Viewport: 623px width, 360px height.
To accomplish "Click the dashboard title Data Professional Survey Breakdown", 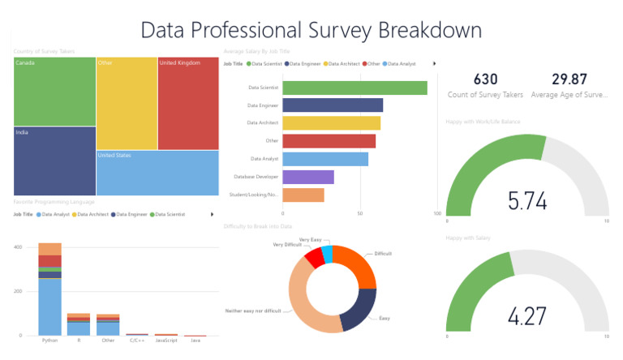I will tap(311, 29).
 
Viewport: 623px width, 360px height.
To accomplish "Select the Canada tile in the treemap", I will tap(54, 91).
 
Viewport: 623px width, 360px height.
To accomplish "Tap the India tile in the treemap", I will tap(54, 161).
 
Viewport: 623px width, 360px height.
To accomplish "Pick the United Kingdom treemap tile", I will tap(187, 102).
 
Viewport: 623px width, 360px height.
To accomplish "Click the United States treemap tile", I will tap(157, 172).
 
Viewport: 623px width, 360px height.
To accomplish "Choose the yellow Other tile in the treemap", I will tap(126, 102).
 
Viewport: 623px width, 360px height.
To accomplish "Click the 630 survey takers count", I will tap(485, 79).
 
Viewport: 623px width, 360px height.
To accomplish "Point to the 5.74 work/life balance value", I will tap(526, 200).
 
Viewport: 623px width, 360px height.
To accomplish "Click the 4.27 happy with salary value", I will tap(526, 315).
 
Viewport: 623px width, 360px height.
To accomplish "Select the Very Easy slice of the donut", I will tap(327, 255).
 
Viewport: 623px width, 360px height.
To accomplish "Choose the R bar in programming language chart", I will tap(79, 324).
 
